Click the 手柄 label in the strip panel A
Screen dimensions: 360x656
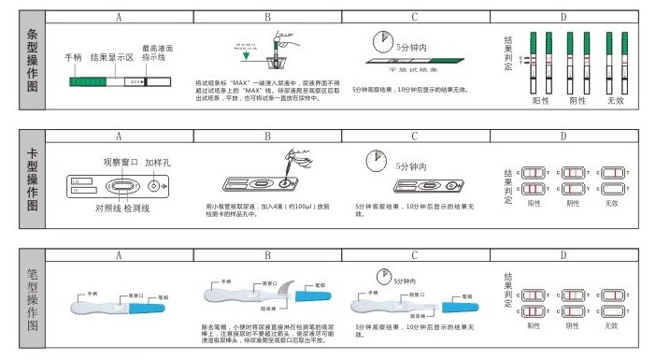tap(74, 58)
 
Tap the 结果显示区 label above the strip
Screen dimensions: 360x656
tap(112, 58)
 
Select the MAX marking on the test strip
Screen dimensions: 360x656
tap(135, 82)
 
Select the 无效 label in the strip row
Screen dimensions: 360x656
tap(614, 100)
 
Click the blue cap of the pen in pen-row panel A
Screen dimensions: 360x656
tap(150, 306)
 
